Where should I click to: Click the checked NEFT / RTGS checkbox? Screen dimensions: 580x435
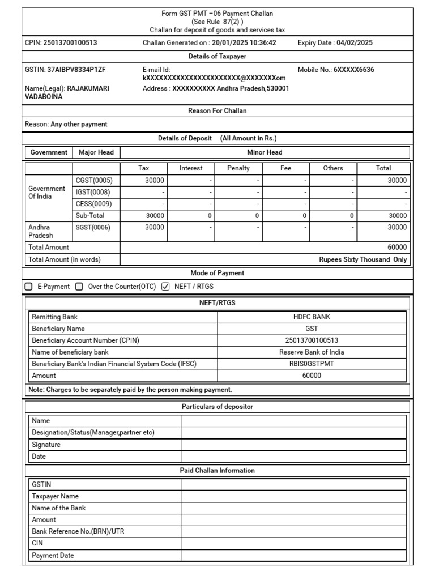click(x=165, y=287)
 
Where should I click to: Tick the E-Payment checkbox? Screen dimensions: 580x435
click(x=29, y=287)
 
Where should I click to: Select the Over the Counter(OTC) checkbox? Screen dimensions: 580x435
click(x=79, y=287)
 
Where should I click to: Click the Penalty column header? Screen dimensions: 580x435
click(x=238, y=168)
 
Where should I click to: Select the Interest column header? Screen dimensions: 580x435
click(x=191, y=168)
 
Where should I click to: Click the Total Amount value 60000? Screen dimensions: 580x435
click(x=396, y=248)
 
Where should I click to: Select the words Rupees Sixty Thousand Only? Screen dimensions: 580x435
click(x=363, y=260)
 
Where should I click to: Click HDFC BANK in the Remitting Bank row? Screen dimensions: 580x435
click(x=312, y=317)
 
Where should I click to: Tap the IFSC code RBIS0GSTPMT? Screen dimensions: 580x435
click(x=312, y=364)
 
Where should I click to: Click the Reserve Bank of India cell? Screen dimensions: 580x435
click(x=312, y=352)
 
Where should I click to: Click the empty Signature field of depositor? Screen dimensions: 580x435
click(x=293, y=445)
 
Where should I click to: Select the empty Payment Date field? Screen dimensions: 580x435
click(x=293, y=556)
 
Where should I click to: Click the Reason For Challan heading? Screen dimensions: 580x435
click(x=217, y=111)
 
